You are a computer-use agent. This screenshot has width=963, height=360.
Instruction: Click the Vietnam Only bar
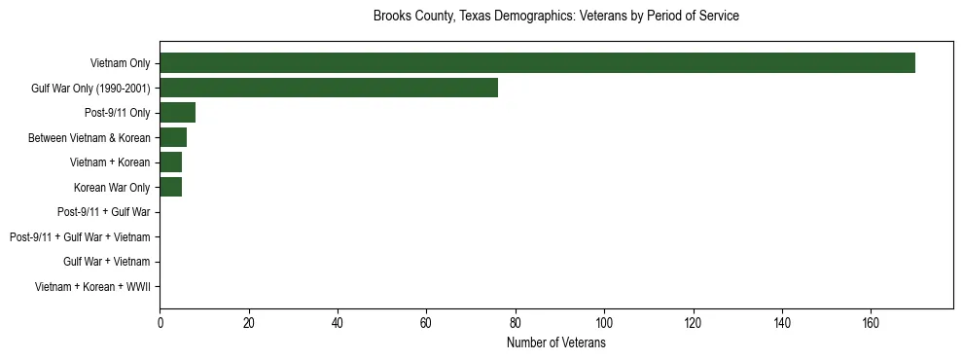click(x=537, y=63)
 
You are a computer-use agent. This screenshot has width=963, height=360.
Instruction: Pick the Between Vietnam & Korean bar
click(x=173, y=138)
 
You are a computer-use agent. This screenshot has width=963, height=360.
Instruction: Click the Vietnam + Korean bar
click(x=170, y=162)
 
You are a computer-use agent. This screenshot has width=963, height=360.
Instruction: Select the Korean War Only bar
click(x=170, y=187)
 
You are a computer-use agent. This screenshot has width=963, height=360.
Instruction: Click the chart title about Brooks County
click(x=556, y=17)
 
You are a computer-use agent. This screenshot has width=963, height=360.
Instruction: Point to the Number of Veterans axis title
click(x=556, y=343)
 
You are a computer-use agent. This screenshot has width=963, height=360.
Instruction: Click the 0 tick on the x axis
click(x=160, y=322)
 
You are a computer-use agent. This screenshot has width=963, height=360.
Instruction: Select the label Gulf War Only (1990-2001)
click(x=90, y=89)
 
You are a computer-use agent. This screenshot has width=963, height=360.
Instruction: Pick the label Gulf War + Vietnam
click(x=106, y=262)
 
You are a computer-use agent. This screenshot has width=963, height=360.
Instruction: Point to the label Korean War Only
click(x=112, y=188)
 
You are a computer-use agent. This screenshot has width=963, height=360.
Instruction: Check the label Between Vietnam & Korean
click(x=89, y=138)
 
